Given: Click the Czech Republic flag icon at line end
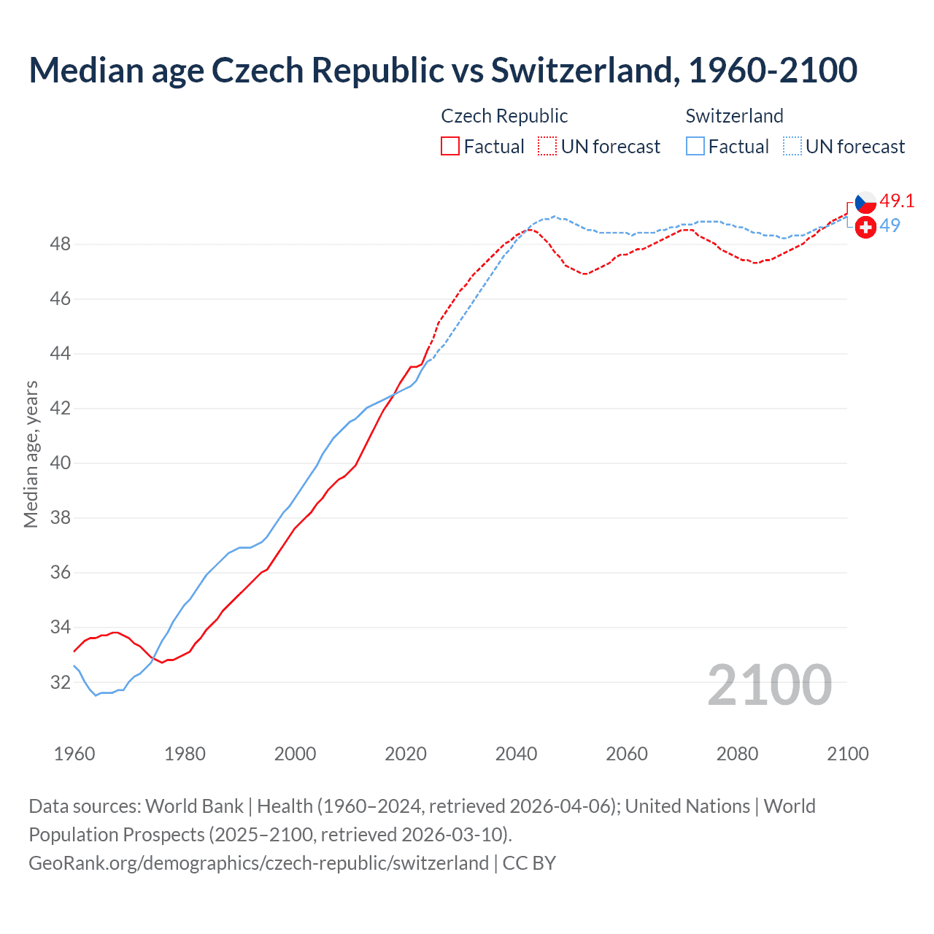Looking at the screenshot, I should (x=865, y=202).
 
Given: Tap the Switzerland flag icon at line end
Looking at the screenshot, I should (x=865, y=227).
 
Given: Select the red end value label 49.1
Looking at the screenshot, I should (x=897, y=201).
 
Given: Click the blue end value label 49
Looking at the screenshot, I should (x=889, y=225).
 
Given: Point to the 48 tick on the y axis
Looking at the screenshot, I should (x=60, y=244).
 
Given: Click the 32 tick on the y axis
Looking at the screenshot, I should (x=60, y=682).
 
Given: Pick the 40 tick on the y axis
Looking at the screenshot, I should (x=60, y=463).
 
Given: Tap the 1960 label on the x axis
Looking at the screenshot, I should (x=74, y=754).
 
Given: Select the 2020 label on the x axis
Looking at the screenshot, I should (x=406, y=754).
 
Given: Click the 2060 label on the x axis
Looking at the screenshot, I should (x=627, y=754).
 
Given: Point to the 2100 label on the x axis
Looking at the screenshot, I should (x=847, y=754).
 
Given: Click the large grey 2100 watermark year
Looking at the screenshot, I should (x=769, y=684).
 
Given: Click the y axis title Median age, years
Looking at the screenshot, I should (x=31, y=454).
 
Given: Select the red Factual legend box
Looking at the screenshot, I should (x=450, y=147).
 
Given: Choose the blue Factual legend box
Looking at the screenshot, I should (x=695, y=147).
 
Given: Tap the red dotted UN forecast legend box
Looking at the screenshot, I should (x=547, y=147).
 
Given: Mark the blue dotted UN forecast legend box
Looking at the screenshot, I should (x=792, y=147).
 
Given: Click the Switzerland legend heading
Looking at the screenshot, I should (x=734, y=116).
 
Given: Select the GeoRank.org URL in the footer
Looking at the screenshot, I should (x=258, y=862).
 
